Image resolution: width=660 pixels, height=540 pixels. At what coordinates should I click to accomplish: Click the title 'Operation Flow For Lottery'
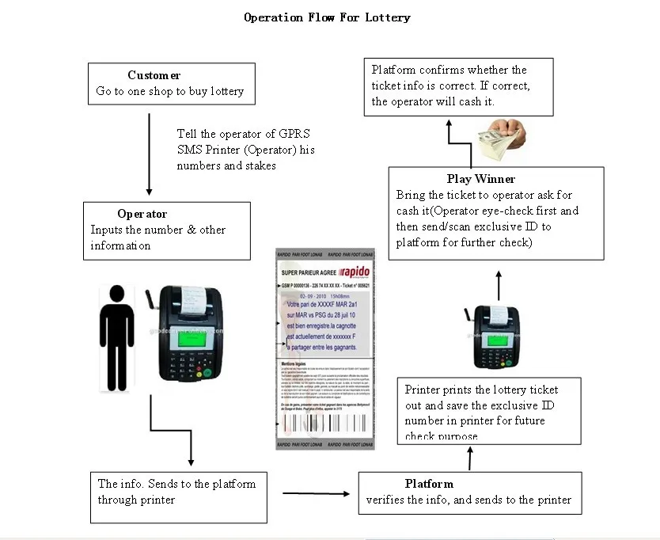327,17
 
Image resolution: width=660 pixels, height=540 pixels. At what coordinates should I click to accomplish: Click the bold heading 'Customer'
154,75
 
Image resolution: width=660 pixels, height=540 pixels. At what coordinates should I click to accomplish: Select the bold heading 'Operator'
142,214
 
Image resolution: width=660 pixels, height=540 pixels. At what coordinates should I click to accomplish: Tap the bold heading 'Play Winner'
480,179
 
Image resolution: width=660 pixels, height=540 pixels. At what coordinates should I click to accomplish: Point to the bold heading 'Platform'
429,484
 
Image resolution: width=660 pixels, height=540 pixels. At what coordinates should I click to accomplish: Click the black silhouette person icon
116,337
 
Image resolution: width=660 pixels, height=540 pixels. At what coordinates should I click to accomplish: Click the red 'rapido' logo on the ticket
351,271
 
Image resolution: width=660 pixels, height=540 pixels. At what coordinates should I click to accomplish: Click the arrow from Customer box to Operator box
150,154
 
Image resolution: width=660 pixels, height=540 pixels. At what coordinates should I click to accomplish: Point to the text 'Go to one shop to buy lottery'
170,92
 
